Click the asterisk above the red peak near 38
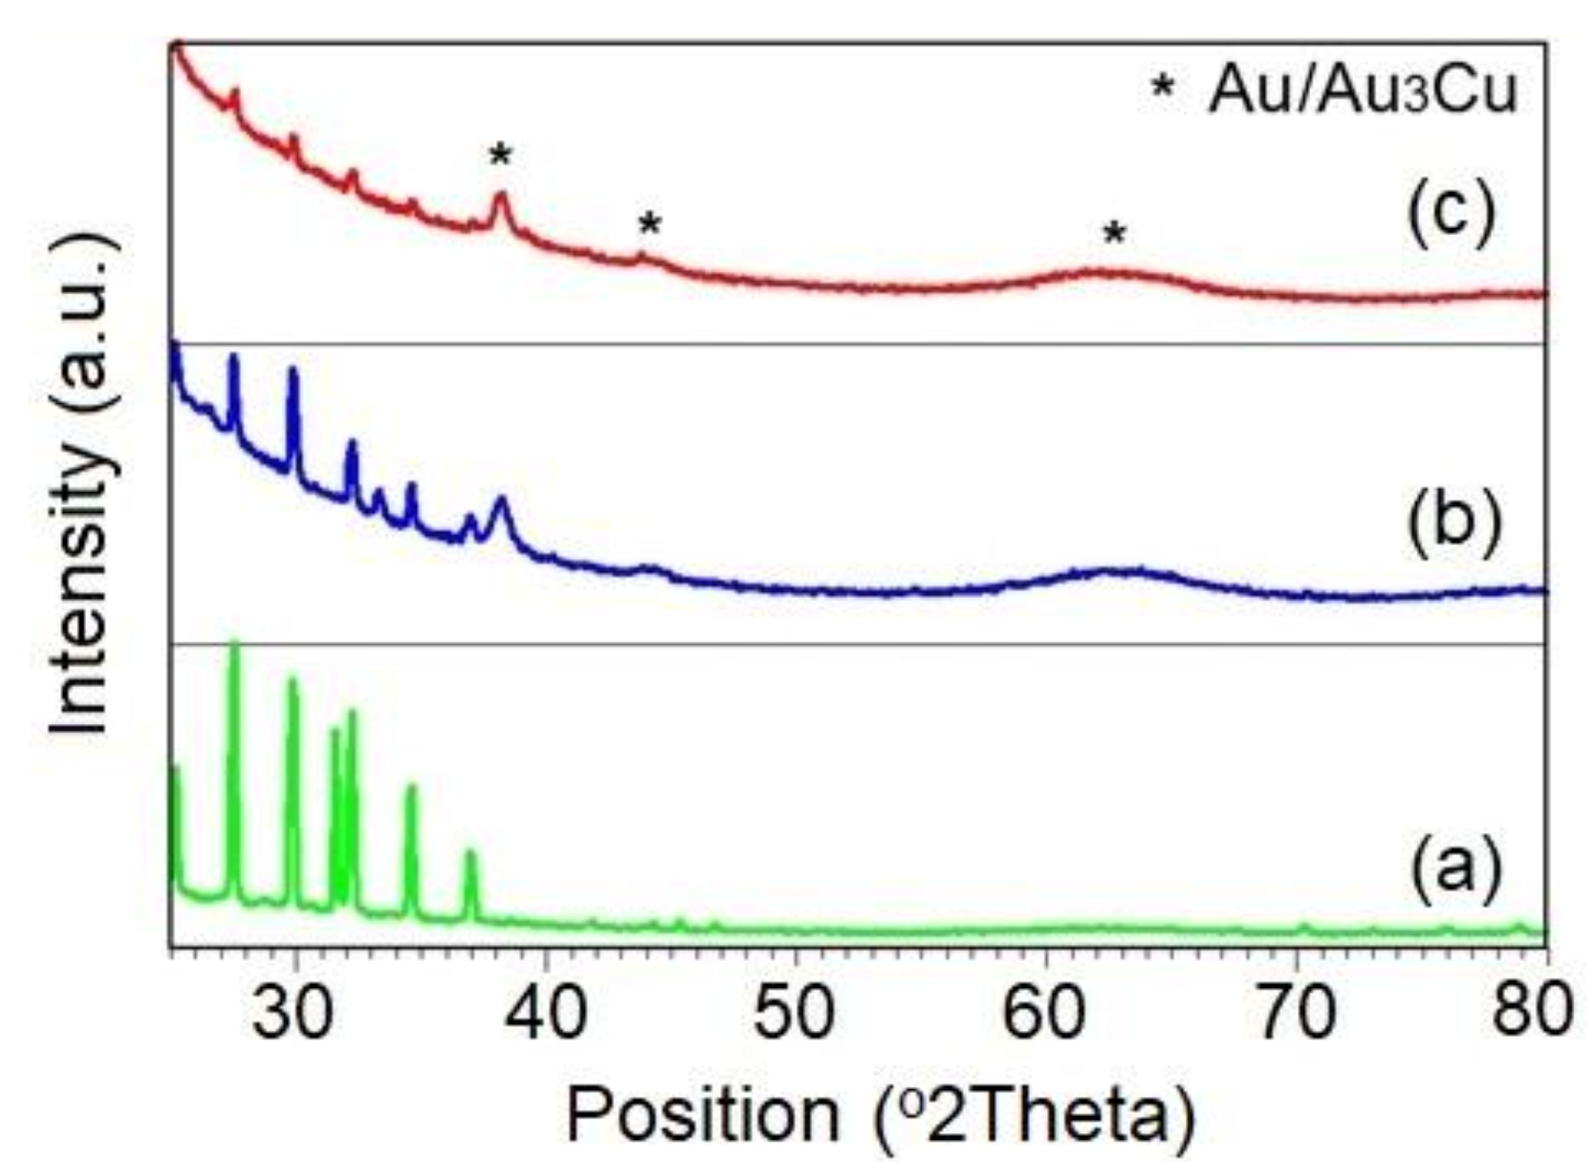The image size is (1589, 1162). tap(501, 156)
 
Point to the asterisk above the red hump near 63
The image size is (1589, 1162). tap(1114, 235)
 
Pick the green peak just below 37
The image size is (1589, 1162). tap(469, 854)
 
